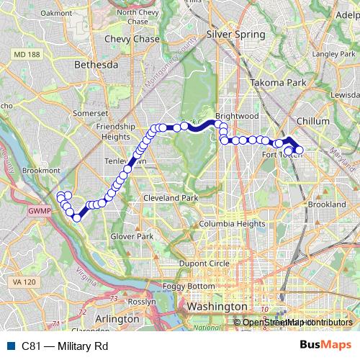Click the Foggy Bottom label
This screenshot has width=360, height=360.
point(189,287)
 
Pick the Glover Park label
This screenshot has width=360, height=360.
point(132,236)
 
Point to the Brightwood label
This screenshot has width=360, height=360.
point(237,115)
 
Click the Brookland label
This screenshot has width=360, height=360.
point(328,205)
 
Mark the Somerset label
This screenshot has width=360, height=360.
point(89,113)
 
